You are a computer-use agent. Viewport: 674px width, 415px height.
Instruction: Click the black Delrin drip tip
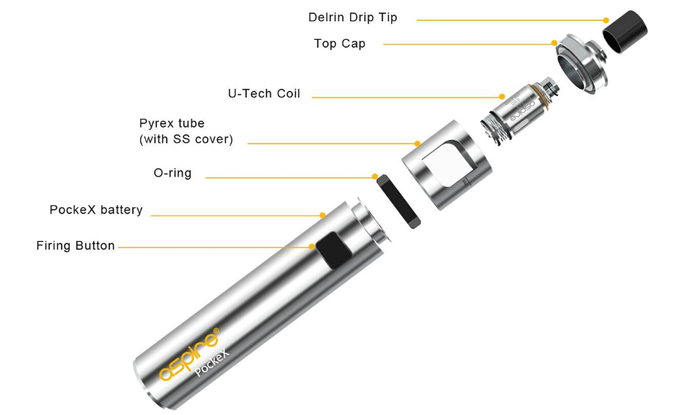[625, 32]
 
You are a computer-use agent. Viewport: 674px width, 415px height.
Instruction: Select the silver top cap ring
[582, 64]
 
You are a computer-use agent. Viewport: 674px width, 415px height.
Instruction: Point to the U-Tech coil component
[520, 111]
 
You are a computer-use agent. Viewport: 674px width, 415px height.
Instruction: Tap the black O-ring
[399, 202]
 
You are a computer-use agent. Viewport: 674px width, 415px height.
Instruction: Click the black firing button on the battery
[334, 251]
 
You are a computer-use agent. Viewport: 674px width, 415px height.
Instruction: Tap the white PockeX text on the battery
[212, 363]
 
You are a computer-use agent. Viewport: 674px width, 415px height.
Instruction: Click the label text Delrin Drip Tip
[352, 18]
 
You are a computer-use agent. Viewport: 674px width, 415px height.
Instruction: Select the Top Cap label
[340, 43]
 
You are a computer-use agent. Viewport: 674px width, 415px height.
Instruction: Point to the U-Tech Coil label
[264, 94]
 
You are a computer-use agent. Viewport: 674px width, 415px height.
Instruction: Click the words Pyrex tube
[172, 123]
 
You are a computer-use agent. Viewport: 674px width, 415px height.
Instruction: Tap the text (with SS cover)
[186, 139]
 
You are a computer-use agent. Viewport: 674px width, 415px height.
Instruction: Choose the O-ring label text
[173, 173]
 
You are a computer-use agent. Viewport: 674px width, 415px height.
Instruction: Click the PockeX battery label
[96, 210]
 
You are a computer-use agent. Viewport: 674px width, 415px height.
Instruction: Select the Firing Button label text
[76, 246]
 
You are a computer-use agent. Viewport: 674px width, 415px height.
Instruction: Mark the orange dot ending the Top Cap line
[554, 43]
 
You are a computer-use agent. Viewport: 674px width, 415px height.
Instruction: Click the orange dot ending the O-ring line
[375, 177]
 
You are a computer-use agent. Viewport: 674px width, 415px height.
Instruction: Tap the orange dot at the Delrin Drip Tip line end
[606, 21]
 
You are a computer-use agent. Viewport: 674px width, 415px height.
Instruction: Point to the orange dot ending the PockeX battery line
[322, 216]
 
